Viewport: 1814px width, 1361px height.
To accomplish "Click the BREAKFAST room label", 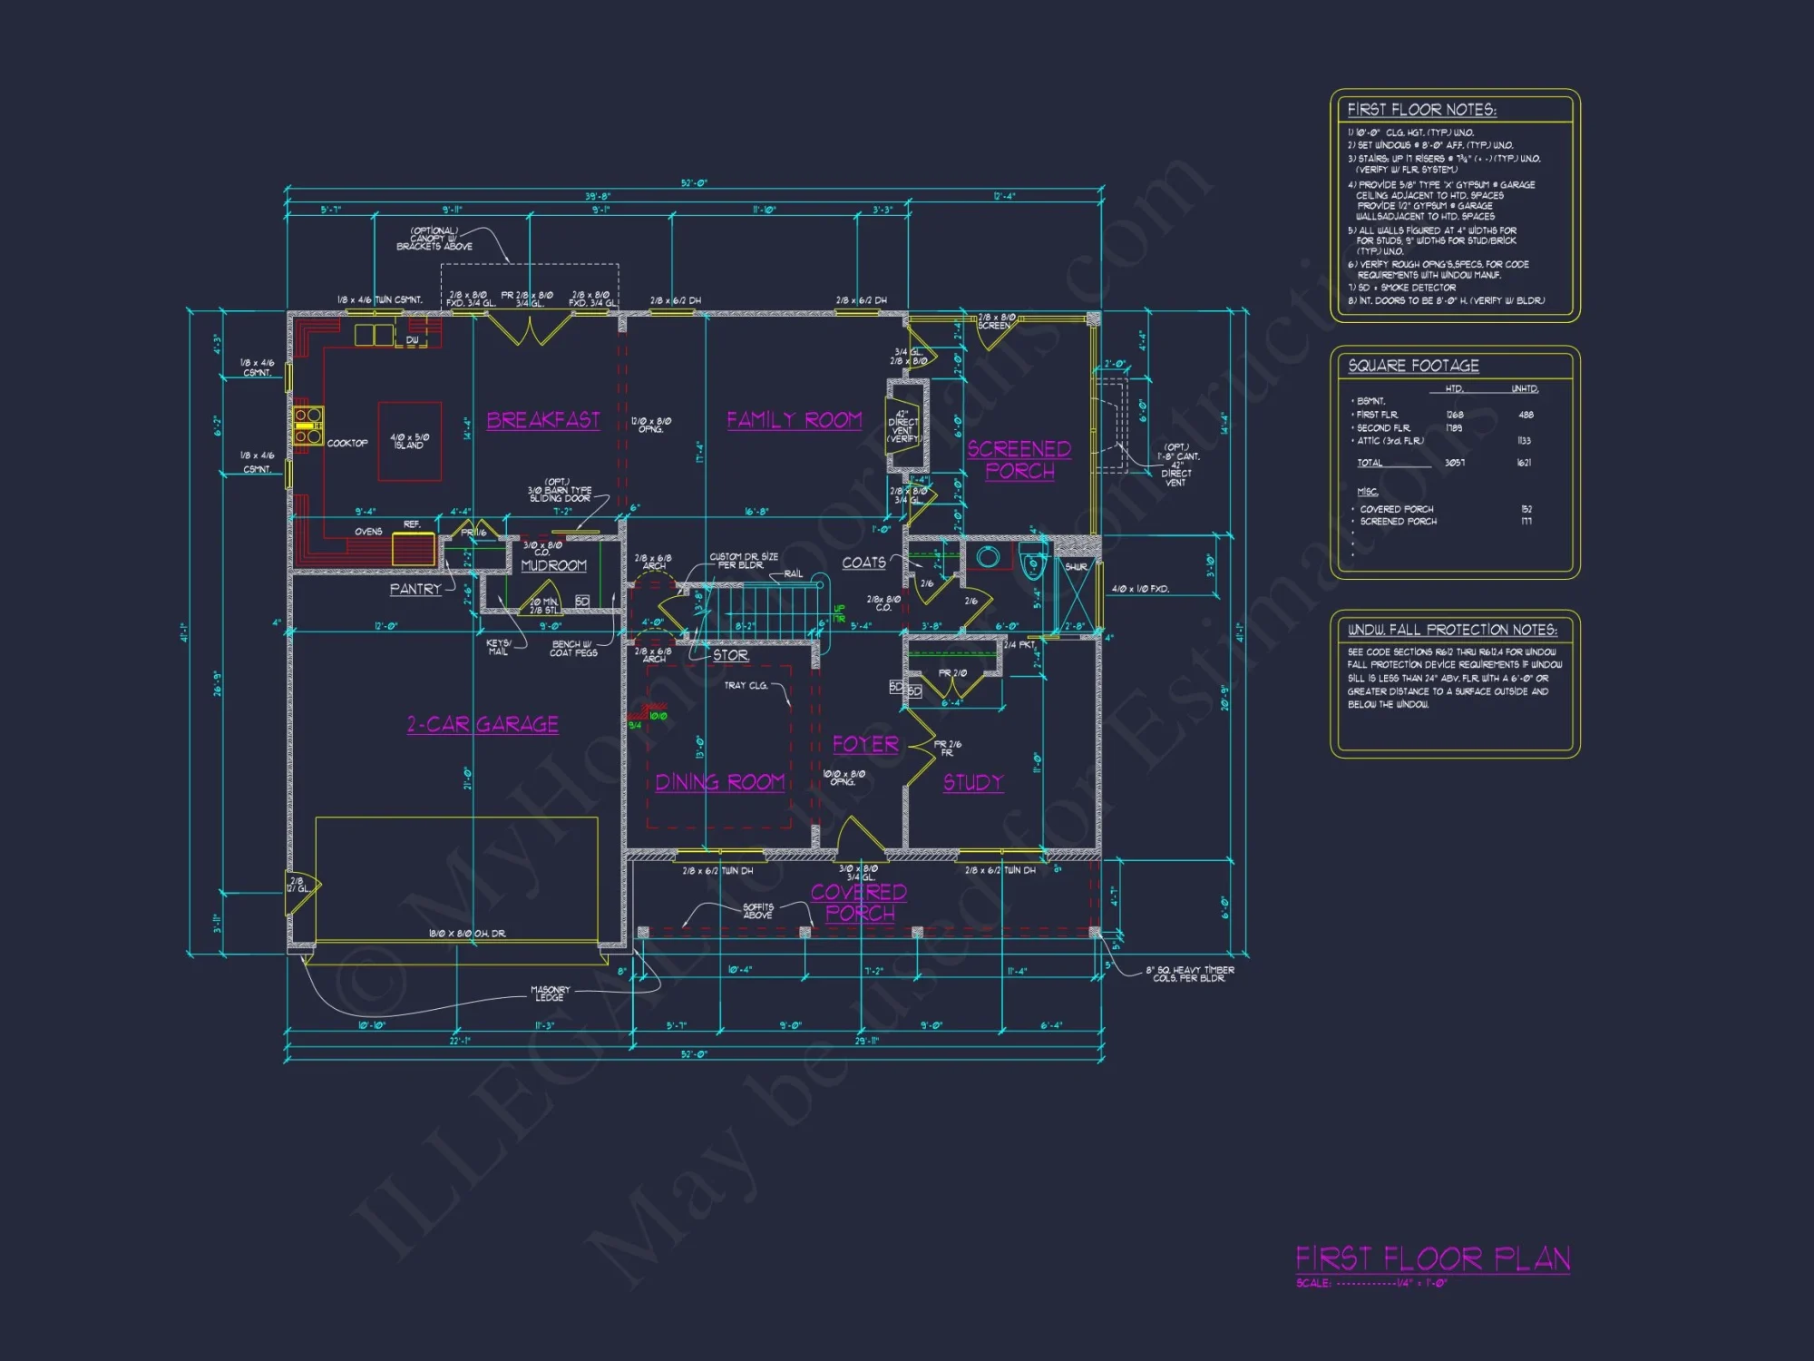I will coord(543,420).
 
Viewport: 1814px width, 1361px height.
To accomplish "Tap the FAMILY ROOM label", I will coord(794,420).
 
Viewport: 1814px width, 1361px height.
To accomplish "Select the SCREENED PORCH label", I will coord(1019,460).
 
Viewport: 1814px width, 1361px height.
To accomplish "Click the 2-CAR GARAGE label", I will coord(483,724).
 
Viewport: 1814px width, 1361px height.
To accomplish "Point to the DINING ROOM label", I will coord(720,782).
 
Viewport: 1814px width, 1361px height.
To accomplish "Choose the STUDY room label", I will coord(973,782).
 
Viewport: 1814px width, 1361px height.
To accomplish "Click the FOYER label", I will coord(865,745).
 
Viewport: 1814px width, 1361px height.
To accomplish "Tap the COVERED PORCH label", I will coord(859,903).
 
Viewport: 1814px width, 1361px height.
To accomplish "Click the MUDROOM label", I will coord(554,565).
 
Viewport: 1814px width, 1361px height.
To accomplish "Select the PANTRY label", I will coord(415,589).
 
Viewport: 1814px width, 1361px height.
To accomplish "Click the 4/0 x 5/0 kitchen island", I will coord(410,442).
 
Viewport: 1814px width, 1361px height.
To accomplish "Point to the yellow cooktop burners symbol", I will coord(307,426).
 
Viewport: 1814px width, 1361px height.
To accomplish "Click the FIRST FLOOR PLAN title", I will coord(1432,1259).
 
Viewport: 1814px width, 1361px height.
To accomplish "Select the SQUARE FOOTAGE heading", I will coord(1413,366).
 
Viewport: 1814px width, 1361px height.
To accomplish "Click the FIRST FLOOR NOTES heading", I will coord(1421,110).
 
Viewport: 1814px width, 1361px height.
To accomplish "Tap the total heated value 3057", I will coord(1455,463).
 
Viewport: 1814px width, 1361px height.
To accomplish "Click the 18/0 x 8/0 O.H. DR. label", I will coord(467,934).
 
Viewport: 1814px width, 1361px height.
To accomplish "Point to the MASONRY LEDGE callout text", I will coord(550,994).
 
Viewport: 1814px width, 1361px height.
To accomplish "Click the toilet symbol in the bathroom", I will coord(1033,564).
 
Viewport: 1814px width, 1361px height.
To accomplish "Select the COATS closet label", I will coord(863,563).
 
